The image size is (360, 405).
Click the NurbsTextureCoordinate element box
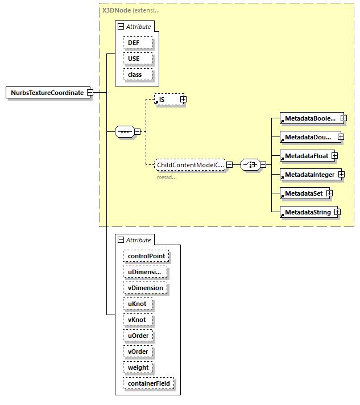47,93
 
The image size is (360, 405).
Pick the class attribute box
135,75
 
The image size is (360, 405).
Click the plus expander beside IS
183,100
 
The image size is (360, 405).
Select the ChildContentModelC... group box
191,164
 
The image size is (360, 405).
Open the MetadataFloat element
306,155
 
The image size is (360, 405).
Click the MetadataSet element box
303,193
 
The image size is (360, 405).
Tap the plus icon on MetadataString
337,212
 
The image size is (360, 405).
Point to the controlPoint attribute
146,256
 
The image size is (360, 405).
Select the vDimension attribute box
145,288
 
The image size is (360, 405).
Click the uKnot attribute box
137,304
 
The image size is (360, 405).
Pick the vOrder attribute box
138,352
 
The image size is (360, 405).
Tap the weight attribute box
138,367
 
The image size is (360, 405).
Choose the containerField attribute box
148,384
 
